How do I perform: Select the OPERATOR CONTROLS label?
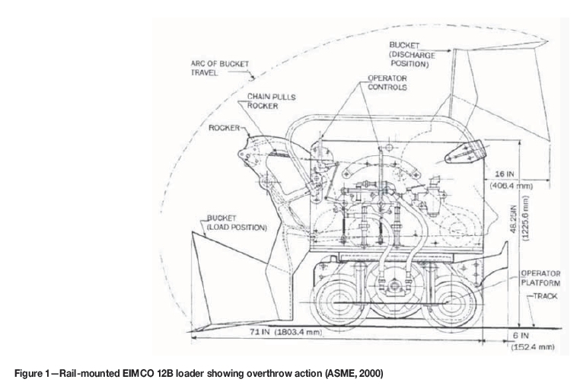click(x=387, y=82)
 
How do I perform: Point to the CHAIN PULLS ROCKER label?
click(x=267, y=101)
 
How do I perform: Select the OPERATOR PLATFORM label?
click(x=540, y=277)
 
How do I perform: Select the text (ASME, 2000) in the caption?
click(x=298, y=373)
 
